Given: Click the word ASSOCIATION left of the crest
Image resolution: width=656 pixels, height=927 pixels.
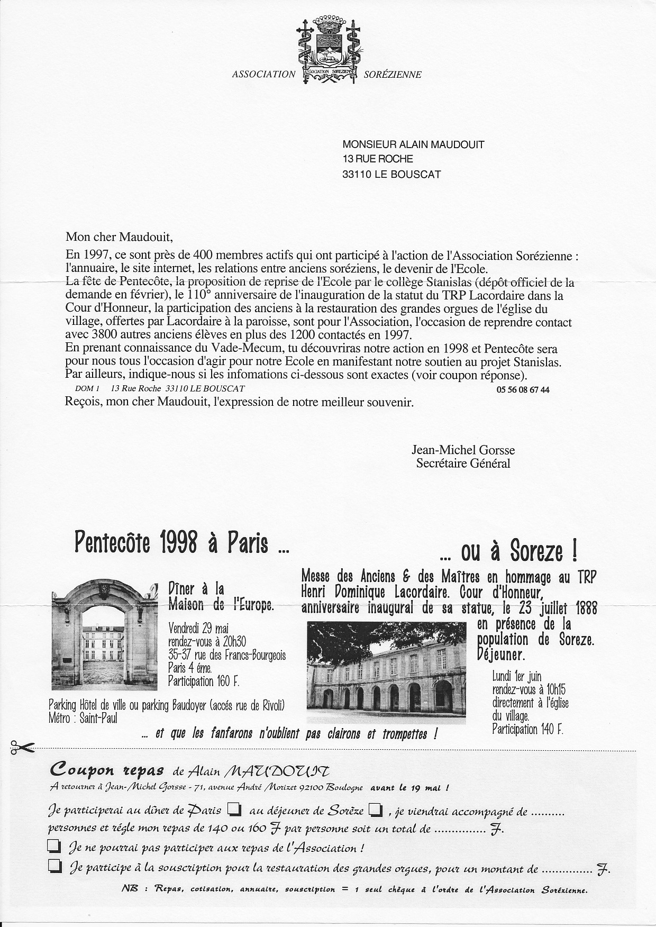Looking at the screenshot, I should pyautogui.click(x=263, y=75).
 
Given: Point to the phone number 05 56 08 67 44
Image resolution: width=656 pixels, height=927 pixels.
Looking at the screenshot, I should pyautogui.click(x=523, y=389).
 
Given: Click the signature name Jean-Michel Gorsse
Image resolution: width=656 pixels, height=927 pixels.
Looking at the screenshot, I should pyautogui.click(x=463, y=450).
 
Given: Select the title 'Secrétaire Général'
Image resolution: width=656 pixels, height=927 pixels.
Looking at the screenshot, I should pyautogui.click(x=463, y=463).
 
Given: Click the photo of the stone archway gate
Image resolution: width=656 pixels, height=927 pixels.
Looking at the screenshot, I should pyautogui.click(x=104, y=634).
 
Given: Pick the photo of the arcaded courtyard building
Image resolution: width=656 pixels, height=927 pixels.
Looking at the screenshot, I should pyautogui.click(x=386, y=672).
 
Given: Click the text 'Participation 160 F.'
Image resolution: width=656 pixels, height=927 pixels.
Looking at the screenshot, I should pyautogui.click(x=204, y=681).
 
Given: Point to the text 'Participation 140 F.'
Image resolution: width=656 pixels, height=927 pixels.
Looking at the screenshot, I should pyautogui.click(x=527, y=730).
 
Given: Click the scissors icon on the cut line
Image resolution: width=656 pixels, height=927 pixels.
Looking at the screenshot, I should pyautogui.click(x=21, y=748).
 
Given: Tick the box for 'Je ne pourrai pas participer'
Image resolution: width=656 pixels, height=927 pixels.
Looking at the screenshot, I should pyautogui.click(x=53, y=847).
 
